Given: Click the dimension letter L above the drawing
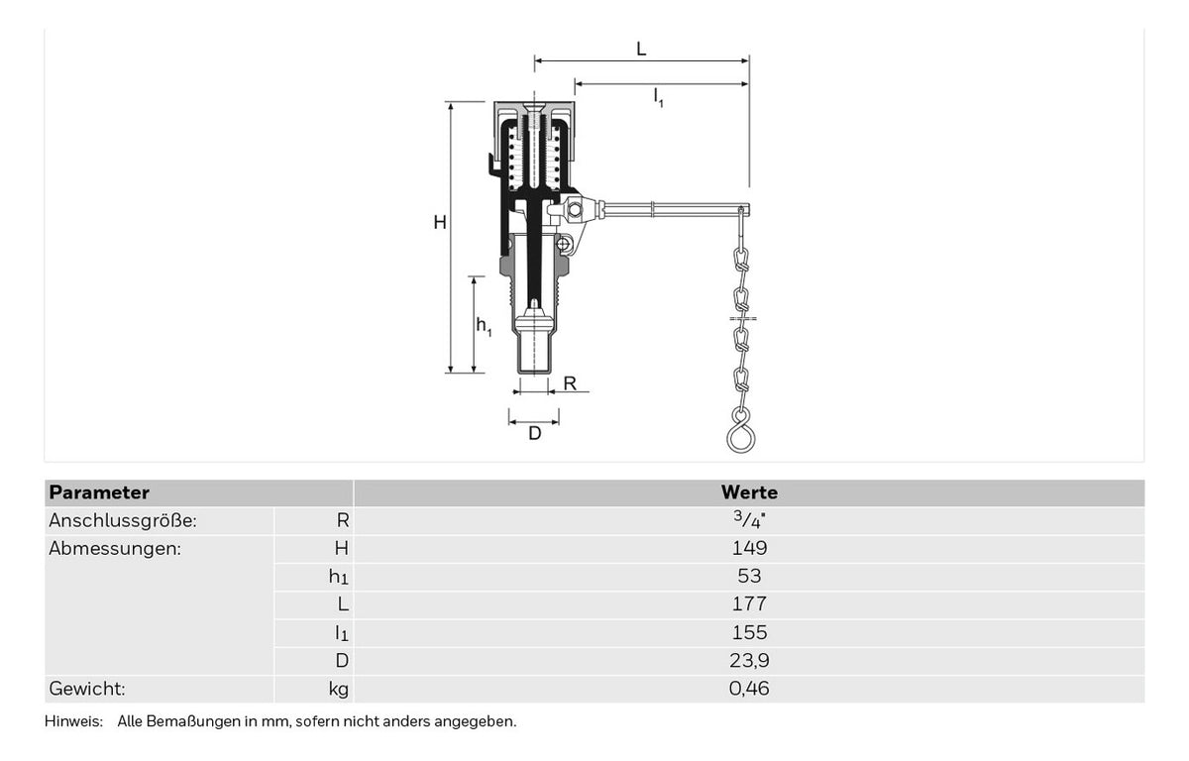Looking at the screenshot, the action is click(641, 50).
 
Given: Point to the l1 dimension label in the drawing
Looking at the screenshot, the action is click(658, 98).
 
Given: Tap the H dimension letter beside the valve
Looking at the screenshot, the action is click(440, 222).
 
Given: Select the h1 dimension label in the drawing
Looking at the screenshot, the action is click(484, 325).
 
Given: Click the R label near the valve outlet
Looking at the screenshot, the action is click(570, 383).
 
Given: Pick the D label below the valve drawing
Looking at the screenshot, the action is click(535, 434).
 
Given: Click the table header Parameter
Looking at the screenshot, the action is click(99, 492).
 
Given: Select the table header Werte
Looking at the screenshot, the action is click(749, 492).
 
